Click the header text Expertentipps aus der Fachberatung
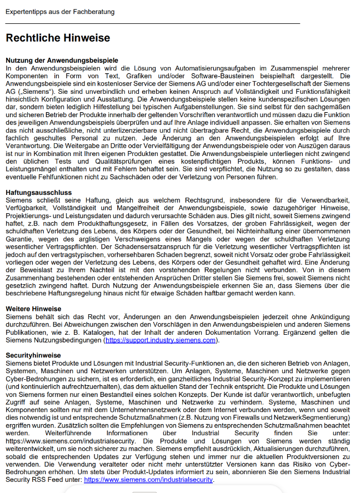60,11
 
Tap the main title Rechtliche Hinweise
58,38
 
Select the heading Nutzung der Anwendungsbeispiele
62,60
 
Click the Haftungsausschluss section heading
39,193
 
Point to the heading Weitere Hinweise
33,308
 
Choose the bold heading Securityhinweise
33,354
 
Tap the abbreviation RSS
33,479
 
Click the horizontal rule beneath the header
153,23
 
